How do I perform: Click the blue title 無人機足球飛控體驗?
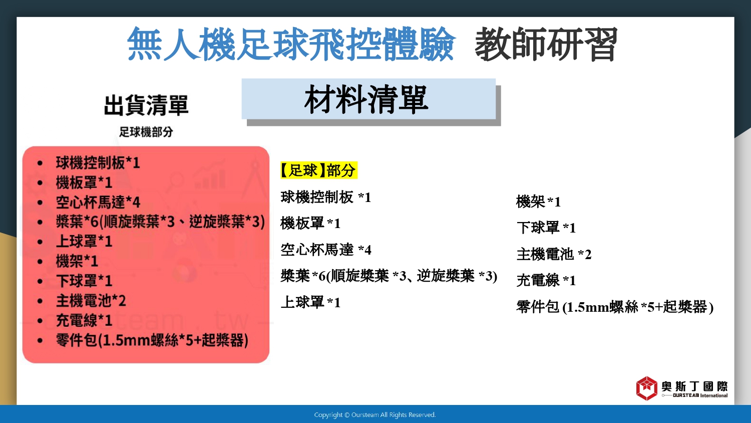click(x=291, y=44)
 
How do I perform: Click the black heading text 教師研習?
click(x=546, y=44)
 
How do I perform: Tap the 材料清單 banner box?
click(x=368, y=99)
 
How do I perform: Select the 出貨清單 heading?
click(x=146, y=105)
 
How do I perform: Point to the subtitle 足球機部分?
click(x=146, y=132)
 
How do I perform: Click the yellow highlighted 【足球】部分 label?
click(x=318, y=170)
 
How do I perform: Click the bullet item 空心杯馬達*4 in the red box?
click(x=98, y=202)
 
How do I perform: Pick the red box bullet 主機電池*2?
click(x=91, y=301)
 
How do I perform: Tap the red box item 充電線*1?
click(x=84, y=320)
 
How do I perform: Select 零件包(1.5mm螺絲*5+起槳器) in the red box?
click(x=152, y=340)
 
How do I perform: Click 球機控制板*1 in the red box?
click(x=98, y=163)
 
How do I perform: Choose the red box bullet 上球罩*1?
click(x=84, y=242)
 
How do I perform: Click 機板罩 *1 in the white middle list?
click(x=310, y=223)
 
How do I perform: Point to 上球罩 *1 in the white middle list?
click(x=310, y=302)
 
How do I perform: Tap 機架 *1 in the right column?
click(x=538, y=202)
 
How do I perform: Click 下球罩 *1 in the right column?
click(x=546, y=228)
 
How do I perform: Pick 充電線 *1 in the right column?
click(x=546, y=280)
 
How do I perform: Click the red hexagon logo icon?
click(x=647, y=388)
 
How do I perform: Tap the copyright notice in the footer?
click(x=375, y=415)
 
